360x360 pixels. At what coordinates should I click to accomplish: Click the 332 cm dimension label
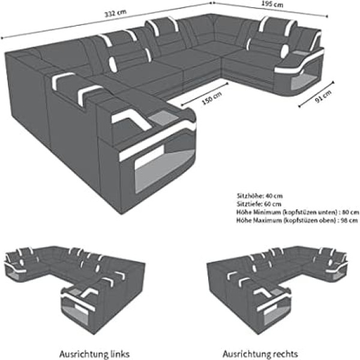[x=115, y=13]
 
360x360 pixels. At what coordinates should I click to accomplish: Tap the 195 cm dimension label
[x=272, y=4]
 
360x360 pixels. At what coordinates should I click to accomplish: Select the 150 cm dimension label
[x=212, y=98]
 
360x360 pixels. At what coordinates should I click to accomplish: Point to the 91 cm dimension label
[x=323, y=97]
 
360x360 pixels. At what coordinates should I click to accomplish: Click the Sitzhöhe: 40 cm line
[x=259, y=196]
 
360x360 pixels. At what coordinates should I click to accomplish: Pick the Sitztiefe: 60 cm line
[x=259, y=204]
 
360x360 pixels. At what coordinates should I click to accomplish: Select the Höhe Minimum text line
[x=298, y=212]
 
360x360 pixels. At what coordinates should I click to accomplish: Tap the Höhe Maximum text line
[x=297, y=220]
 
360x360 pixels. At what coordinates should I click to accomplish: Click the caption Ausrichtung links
[x=94, y=354]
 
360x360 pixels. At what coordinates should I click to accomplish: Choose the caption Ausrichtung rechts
[x=260, y=354]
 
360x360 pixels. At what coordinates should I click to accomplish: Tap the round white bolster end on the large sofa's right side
[x=285, y=50]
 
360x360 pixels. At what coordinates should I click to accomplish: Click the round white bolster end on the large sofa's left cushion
[x=113, y=64]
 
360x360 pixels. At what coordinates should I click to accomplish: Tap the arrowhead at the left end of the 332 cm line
[x=2, y=38]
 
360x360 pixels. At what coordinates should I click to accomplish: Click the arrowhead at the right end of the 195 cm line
[x=326, y=16]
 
